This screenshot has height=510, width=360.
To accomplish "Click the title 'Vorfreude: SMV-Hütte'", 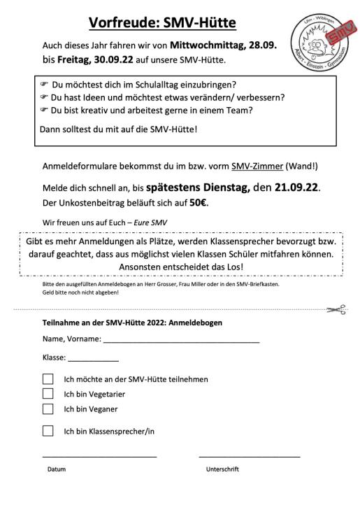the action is (x=161, y=23).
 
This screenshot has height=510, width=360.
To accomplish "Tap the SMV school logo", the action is (x=322, y=44).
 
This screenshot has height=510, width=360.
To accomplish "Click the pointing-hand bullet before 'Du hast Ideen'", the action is (x=43, y=97).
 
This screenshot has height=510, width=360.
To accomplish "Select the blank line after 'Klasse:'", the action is (x=93, y=359).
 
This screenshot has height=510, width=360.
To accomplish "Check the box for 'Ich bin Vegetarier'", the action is (x=48, y=394).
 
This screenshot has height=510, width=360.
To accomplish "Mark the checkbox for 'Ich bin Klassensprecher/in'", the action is (x=48, y=431).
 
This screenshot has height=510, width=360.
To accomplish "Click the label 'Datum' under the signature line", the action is (x=57, y=469).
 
